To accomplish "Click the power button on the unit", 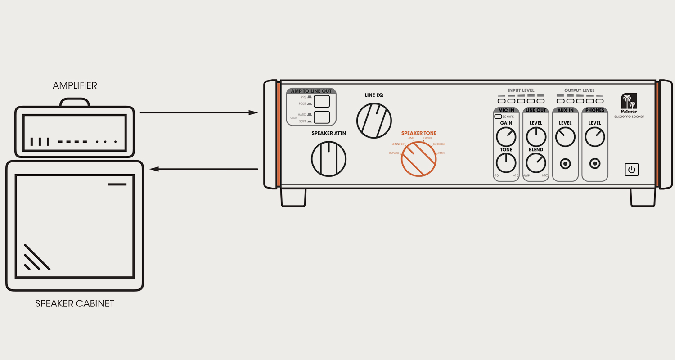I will pos(631,170).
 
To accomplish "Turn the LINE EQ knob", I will pos(374,121).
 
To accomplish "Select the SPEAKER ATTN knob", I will pos(329,159).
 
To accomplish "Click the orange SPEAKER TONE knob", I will pos(419,159).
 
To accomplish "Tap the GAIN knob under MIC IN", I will pos(506,137).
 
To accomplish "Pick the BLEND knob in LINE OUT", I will pos(535,163).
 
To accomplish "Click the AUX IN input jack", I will pos(565,164).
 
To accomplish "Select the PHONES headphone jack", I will pos(595,164).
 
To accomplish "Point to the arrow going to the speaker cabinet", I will pos(202,169).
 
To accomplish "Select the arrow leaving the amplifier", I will pos(198,112).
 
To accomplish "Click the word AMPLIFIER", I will pos(75,85).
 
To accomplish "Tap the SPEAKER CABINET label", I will pos(75,304).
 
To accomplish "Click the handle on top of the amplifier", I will pos(75,102).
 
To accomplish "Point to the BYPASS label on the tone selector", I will pos(394,153).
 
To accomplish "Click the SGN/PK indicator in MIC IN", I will pos(497,117).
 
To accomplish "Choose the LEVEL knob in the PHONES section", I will pos(595,137).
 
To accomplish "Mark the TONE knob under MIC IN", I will pos(506,163).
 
